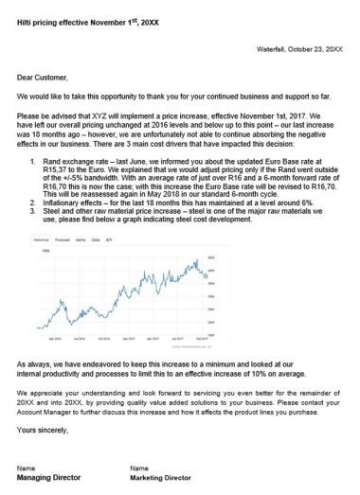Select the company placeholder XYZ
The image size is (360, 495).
[x=105, y=117]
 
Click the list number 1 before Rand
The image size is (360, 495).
[x=34, y=162]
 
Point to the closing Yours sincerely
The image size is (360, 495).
[x=44, y=431]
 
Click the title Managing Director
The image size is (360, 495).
[x=48, y=479]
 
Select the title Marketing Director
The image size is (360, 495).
[x=161, y=479]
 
